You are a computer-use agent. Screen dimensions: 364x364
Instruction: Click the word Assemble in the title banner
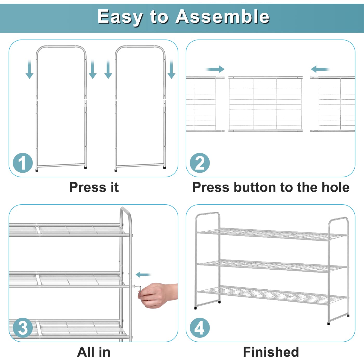pos(223,17)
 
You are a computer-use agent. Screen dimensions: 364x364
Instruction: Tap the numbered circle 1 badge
pos(23,163)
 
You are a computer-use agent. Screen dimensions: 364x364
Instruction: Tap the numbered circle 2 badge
pos(200,163)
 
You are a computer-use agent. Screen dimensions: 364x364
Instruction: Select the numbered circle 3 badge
pos(23,328)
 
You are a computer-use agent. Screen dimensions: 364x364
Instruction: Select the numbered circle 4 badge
pos(200,328)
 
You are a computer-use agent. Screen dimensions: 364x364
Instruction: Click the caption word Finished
pos(271,352)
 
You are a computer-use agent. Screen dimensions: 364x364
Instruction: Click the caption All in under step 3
pos(94,352)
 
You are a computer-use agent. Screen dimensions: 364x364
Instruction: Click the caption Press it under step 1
pos(94,187)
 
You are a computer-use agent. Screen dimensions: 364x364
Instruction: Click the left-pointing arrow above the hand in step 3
pos(143,275)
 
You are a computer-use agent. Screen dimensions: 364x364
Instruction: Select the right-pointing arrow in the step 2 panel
pos(215,69)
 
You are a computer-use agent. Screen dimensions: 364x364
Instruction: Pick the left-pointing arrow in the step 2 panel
pos(320,69)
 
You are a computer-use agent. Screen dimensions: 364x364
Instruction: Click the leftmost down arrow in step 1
pos(29,69)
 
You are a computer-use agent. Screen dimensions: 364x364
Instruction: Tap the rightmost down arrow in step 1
pos(171,69)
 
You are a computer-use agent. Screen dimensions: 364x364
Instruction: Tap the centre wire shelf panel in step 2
pos(265,104)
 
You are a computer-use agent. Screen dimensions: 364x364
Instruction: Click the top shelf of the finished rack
pos(272,234)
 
